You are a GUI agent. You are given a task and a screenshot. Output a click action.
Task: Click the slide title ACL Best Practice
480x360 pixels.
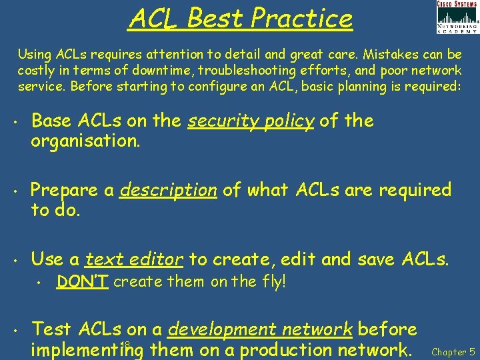(x=240, y=18)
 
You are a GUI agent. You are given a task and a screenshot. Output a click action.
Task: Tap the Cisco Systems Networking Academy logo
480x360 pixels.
(x=457, y=17)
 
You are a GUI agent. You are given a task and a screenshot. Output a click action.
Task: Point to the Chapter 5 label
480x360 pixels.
(x=453, y=351)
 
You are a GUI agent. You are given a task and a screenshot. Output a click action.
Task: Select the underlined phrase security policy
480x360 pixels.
(x=251, y=121)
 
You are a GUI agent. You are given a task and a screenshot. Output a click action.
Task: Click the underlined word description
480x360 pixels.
(x=168, y=190)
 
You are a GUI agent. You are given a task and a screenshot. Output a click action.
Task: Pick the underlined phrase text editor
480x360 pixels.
(x=135, y=259)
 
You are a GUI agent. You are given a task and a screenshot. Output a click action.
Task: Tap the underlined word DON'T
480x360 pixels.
(x=83, y=281)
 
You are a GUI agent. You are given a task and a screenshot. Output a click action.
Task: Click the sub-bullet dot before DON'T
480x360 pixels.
(x=40, y=283)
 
